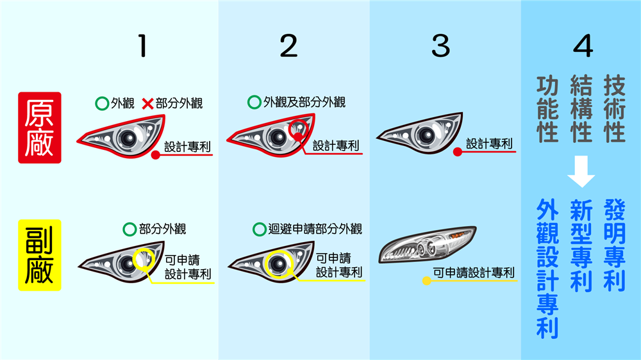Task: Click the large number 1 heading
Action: coord(142,45)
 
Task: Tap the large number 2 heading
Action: coord(288,45)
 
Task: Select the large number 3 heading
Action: coord(441,45)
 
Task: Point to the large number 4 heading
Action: coord(583,45)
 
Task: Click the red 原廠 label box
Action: coord(40,127)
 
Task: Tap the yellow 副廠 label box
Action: coord(40,255)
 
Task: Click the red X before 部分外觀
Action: coord(147,104)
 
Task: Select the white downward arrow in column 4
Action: coord(581,171)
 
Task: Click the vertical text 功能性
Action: coord(547,109)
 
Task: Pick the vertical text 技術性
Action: coord(615,109)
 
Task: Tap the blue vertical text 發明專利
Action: coord(615,245)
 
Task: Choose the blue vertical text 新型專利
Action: coord(581,245)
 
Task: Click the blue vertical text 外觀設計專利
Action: coord(547,269)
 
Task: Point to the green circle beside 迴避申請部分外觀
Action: coord(260,229)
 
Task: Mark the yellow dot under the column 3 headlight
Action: coord(426,281)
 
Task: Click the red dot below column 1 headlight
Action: coord(155,155)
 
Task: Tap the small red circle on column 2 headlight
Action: coord(299,129)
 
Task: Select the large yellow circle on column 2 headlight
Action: coord(279,263)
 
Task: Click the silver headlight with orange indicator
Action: coord(427,244)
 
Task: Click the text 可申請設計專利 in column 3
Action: coord(474,272)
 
